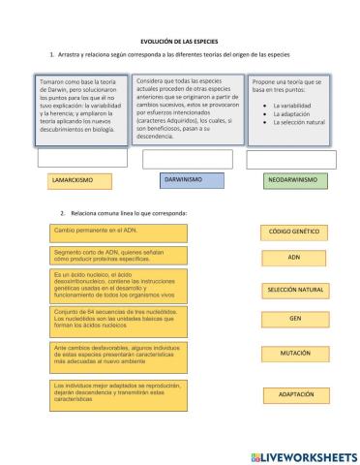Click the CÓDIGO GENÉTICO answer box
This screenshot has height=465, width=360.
click(294, 232)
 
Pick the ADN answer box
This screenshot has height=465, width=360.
click(294, 259)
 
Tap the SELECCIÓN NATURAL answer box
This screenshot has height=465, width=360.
click(294, 291)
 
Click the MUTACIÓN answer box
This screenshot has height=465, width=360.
click(294, 354)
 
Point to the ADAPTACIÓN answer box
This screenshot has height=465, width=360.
click(294, 395)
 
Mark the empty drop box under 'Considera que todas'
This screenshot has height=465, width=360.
click(179, 159)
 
